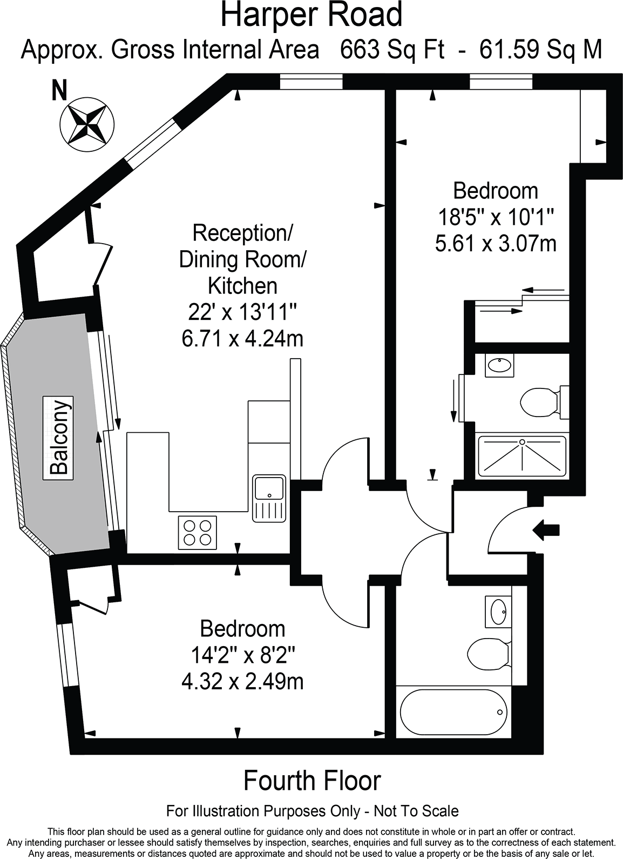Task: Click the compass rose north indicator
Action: (87, 124)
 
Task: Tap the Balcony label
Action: (58, 438)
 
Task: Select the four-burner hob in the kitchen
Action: (198, 532)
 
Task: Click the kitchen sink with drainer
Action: (269, 498)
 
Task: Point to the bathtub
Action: (453, 712)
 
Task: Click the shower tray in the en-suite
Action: (522, 457)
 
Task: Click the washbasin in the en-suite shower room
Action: (499, 365)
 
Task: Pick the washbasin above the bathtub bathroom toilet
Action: (498, 612)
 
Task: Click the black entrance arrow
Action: (546, 530)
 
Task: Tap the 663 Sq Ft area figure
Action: (392, 50)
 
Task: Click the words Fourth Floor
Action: (312, 781)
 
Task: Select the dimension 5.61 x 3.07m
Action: (496, 244)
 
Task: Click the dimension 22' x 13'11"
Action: (242, 312)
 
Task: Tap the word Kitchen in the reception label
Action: (242, 286)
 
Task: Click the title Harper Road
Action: (311, 15)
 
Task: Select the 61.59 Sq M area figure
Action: (540, 50)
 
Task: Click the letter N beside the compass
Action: (59, 90)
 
